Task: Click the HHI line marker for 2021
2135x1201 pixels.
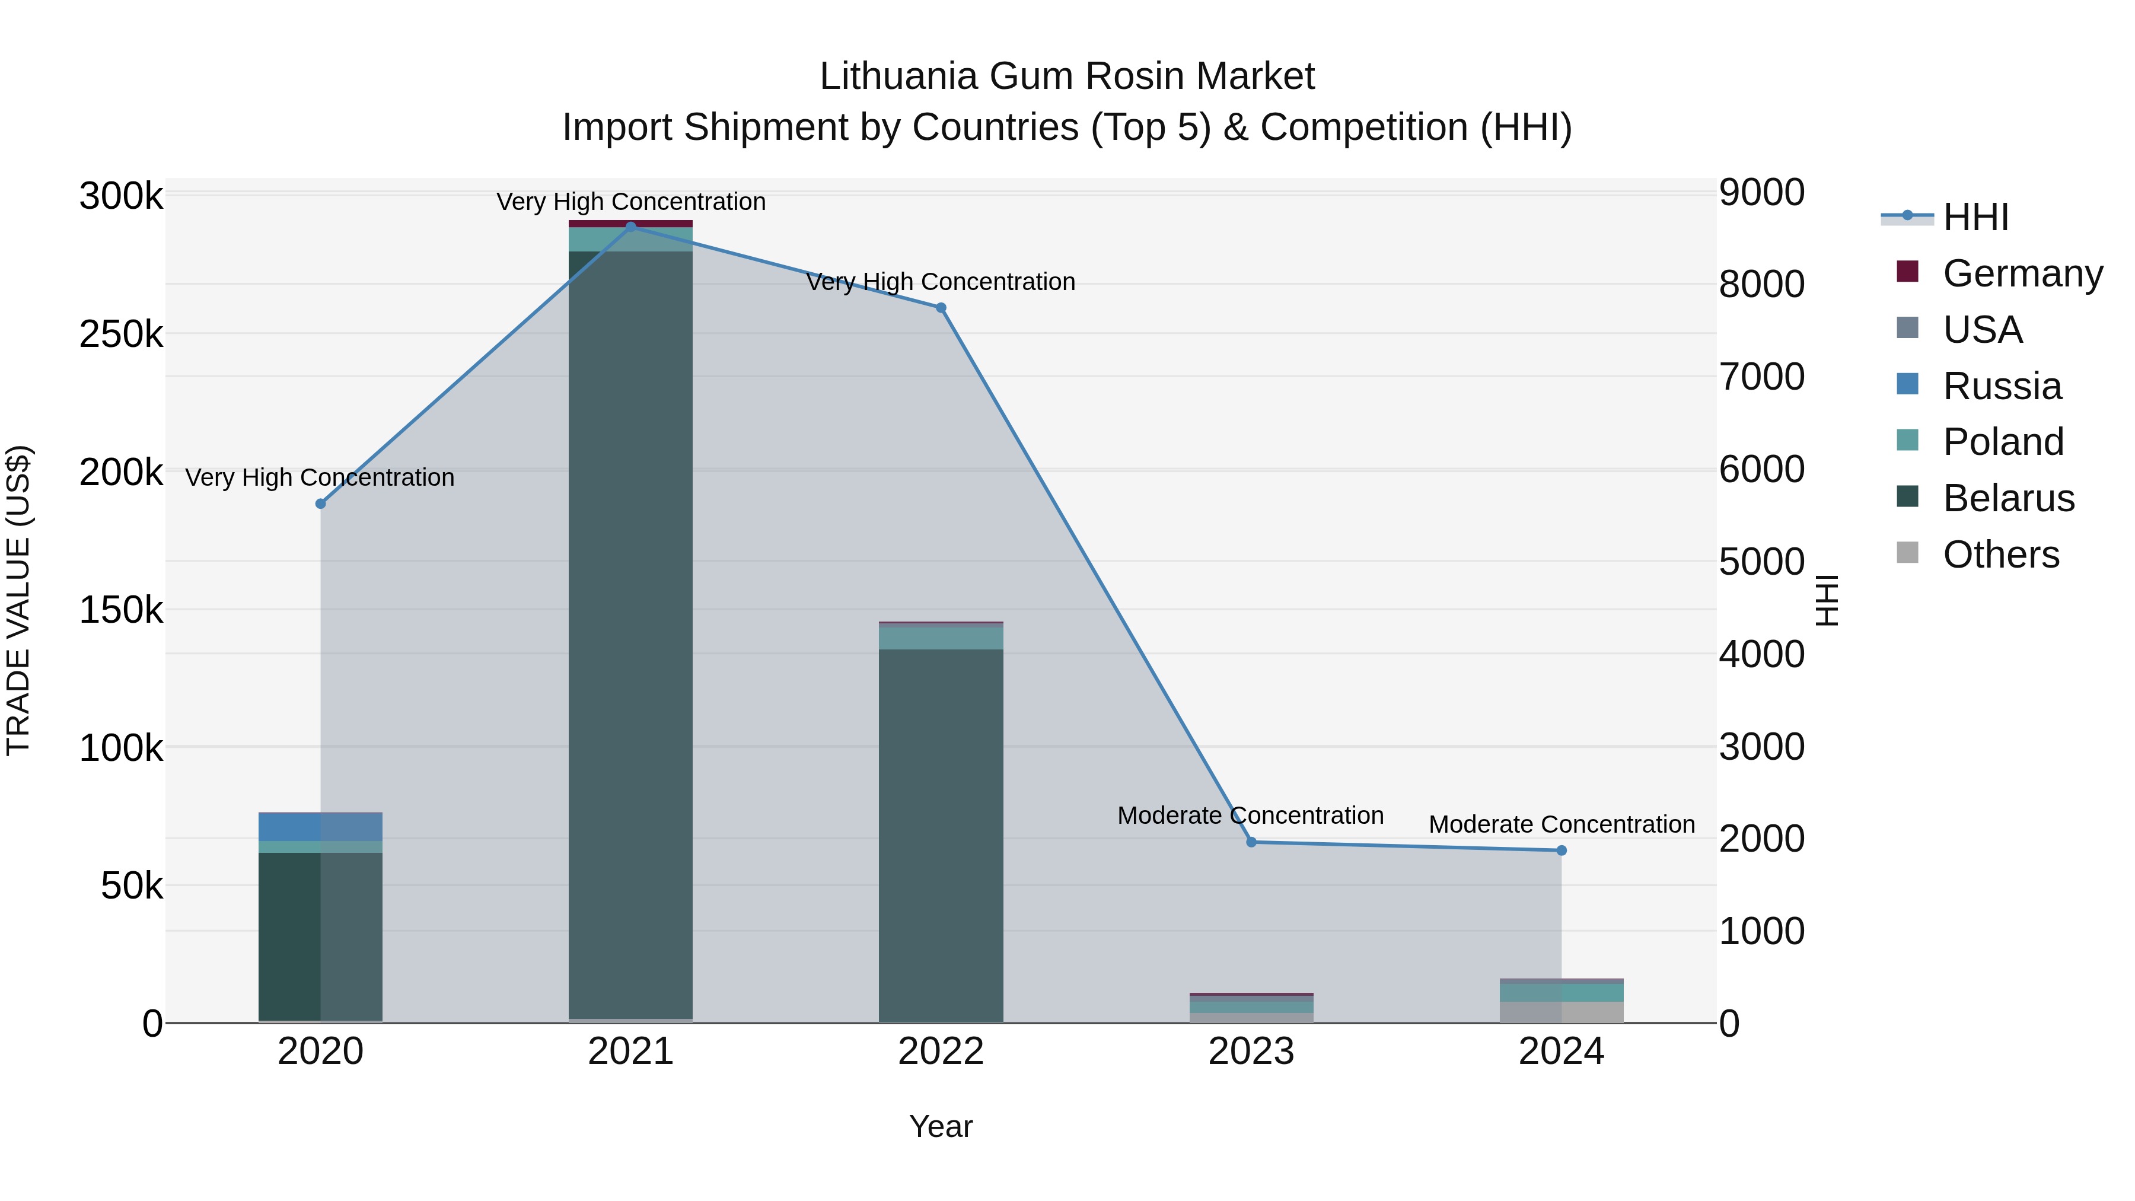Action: click(631, 227)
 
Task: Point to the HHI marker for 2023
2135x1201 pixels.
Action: click(1251, 842)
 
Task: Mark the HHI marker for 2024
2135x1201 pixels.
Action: click(1562, 850)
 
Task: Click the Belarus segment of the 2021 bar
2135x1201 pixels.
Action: click(631, 630)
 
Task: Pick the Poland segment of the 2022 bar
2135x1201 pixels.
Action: click(941, 638)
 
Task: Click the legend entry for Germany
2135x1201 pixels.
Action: click(2022, 273)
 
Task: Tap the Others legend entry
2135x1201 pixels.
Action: click(2001, 555)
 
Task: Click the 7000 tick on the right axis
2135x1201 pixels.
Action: click(1761, 377)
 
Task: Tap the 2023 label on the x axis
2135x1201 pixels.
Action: click(1251, 1052)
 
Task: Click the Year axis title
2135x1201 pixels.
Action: click(941, 1126)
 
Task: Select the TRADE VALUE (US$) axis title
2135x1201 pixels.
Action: click(18, 600)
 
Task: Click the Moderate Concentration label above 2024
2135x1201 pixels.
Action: click(1562, 825)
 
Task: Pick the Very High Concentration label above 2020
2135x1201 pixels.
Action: click(320, 477)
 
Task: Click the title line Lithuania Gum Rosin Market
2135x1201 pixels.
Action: click(1067, 77)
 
